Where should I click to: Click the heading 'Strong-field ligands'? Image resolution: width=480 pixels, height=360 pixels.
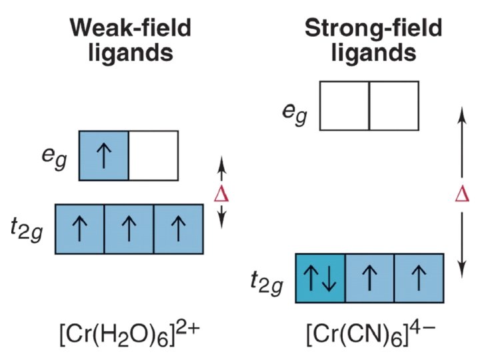[x=373, y=39]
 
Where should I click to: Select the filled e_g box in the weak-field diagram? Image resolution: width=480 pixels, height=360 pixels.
[x=104, y=155]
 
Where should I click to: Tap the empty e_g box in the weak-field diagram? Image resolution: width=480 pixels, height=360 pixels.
[x=153, y=155]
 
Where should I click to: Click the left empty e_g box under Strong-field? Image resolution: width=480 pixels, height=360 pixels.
[x=345, y=105]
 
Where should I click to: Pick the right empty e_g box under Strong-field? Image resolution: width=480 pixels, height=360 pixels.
[x=394, y=105]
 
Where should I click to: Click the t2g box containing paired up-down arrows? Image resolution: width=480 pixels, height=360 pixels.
[x=320, y=277]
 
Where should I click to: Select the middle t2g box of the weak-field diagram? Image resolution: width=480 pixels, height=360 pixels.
[x=129, y=229]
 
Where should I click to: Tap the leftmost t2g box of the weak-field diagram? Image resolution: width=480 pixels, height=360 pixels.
[x=79, y=229]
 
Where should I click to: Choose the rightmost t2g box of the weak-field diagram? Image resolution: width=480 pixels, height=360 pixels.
[x=178, y=229]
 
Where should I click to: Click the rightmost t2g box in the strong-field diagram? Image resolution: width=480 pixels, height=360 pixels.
[x=419, y=277]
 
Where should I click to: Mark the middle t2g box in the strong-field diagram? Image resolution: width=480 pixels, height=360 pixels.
[x=369, y=277]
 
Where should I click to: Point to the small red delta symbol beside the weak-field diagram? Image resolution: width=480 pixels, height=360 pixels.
[x=223, y=194]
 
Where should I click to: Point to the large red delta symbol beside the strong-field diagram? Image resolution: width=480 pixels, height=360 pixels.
[x=461, y=194]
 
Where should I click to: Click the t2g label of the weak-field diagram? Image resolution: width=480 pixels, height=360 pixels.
[x=30, y=230]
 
